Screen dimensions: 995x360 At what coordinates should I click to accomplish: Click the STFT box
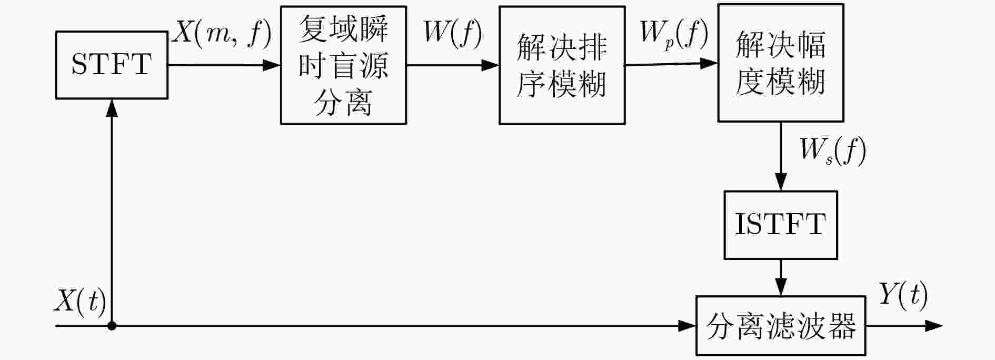tap(112, 65)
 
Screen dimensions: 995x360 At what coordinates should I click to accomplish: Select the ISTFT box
tap(781, 225)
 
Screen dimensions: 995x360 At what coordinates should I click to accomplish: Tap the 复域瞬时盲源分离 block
tap(343, 65)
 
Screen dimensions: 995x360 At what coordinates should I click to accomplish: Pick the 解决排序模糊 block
tap(562, 65)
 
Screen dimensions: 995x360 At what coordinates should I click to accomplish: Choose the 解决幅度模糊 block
tap(781, 63)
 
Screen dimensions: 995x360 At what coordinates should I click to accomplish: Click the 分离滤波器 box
tap(781, 326)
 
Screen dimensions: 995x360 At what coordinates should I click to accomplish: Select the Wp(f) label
tap(673, 34)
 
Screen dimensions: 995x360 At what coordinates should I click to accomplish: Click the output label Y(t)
tap(903, 295)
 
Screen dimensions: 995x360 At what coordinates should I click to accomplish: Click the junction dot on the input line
tap(112, 326)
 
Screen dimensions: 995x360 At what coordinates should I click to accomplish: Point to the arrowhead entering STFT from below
tap(112, 108)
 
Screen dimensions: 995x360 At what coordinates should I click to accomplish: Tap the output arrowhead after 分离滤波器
tap(933, 326)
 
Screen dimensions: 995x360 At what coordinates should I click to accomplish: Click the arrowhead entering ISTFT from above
tap(781, 182)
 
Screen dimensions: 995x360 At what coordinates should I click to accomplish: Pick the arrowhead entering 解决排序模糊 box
tap(490, 65)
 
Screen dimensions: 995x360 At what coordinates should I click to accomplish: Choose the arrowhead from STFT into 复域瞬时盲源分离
tap(271, 65)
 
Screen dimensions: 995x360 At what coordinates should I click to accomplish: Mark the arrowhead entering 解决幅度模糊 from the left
tap(709, 63)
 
